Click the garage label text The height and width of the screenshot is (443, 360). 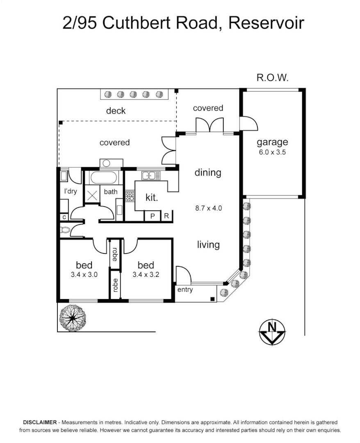click(272, 142)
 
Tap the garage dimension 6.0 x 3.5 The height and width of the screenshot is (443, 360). click(272, 152)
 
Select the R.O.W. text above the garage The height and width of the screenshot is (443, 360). click(272, 77)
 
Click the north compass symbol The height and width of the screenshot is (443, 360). click(272, 332)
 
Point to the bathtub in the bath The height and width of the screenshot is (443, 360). click(104, 178)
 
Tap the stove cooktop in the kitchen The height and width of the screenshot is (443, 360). click(130, 196)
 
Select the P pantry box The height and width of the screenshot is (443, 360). click(153, 216)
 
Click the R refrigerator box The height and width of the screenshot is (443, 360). click(166, 216)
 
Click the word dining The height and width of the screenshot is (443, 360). click(208, 173)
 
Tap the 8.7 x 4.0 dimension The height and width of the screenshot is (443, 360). click(208, 208)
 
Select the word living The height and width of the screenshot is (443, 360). click(208, 245)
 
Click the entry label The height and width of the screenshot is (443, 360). click(185, 290)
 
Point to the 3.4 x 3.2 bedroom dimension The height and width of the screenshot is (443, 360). click(146, 275)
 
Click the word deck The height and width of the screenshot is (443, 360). click(116, 111)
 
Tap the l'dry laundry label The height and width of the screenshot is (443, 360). click(70, 191)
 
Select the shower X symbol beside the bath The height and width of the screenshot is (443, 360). click(92, 195)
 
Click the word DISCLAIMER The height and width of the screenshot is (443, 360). click(40, 422)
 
